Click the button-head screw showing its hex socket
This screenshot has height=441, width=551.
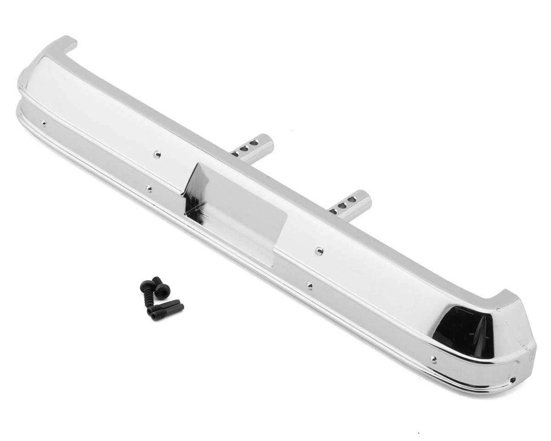[163, 289]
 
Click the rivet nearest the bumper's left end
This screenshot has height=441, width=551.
[44, 123]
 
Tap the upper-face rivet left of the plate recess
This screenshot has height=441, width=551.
[157, 154]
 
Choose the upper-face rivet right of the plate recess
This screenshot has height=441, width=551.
[319, 251]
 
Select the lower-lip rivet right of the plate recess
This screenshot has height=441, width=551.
[309, 286]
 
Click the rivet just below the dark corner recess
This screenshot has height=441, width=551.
[433, 358]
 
